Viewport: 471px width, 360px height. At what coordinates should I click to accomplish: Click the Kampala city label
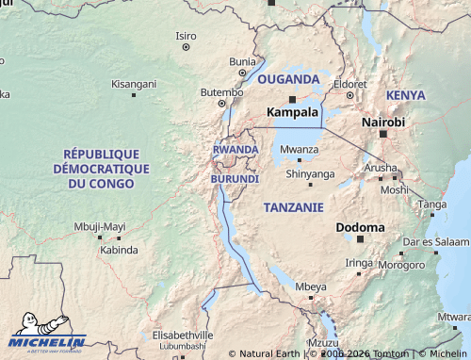(292, 112)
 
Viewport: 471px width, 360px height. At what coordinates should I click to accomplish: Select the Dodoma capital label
(360, 227)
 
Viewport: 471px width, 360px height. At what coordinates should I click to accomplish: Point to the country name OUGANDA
(288, 78)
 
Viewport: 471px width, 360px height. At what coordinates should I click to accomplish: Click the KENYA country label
(405, 95)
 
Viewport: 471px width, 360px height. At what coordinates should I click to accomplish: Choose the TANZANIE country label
(294, 206)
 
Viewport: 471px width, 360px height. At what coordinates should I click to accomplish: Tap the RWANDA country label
(235, 150)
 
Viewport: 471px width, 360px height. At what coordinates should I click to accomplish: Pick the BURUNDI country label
(235, 178)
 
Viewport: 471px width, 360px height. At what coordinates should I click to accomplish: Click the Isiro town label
(186, 36)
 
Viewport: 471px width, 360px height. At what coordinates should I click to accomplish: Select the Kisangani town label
(134, 84)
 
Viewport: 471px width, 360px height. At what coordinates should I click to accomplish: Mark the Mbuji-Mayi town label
(100, 226)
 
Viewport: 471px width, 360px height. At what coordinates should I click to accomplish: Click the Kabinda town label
(119, 250)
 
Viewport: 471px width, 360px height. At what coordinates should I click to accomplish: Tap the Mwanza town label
(300, 149)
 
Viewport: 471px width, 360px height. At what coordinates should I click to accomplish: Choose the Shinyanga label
(310, 173)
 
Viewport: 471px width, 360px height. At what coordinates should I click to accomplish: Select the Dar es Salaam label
(434, 241)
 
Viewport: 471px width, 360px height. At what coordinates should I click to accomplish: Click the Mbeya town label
(311, 286)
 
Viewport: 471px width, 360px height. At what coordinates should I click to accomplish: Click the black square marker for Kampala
(292, 98)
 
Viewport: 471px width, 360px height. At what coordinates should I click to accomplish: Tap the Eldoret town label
(349, 84)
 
